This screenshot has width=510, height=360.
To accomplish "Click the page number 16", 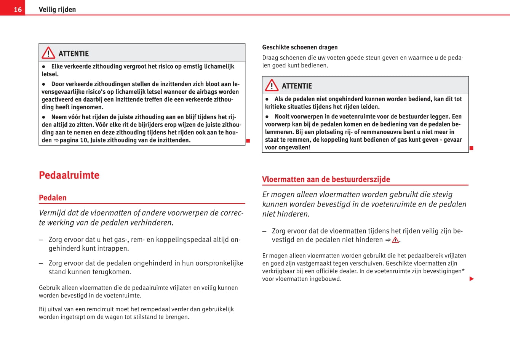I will pyautogui.click(x=18, y=10).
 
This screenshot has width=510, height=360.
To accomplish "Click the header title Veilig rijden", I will pyautogui.click(x=57, y=10).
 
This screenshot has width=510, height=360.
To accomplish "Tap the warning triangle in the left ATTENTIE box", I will pyautogui.click(x=48, y=53).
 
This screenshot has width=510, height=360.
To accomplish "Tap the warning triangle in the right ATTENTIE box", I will pyautogui.click(x=272, y=85).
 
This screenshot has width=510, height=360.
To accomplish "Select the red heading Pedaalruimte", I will pyautogui.click(x=69, y=175).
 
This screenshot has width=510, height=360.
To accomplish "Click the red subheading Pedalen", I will pyautogui.click(x=53, y=198).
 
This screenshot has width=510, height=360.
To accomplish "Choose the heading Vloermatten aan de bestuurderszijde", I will pyautogui.click(x=326, y=179).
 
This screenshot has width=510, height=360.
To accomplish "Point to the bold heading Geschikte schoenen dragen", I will pyautogui.click(x=300, y=47).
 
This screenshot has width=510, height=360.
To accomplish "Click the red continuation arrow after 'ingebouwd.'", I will pyautogui.click(x=472, y=279).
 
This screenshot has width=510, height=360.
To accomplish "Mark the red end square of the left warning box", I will pyautogui.click(x=248, y=141).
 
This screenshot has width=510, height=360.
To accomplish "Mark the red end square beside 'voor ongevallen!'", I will pyautogui.click(x=471, y=148).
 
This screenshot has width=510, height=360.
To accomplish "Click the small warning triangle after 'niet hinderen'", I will pyautogui.click(x=395, y=240).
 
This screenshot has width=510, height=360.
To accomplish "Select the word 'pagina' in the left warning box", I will pyautogui.click(x=69, y=140).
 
